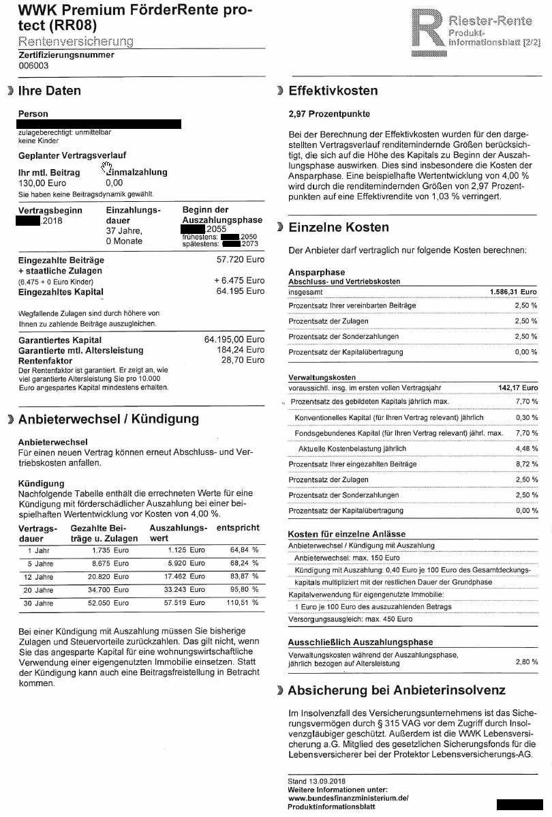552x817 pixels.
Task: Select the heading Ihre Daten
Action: (x=49, y=91)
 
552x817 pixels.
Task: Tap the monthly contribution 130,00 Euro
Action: (x=42, y=183)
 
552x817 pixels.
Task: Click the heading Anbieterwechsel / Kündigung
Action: (x=108, y=419)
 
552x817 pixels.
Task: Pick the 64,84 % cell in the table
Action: (x=244, y=550)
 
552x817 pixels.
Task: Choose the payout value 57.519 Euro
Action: (x=187, y=603)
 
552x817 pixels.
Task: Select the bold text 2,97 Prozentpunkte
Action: (x=329, y=114)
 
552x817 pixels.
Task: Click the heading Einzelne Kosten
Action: (x=339, y=227)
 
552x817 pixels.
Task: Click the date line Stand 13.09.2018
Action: (x=318, y=781)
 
